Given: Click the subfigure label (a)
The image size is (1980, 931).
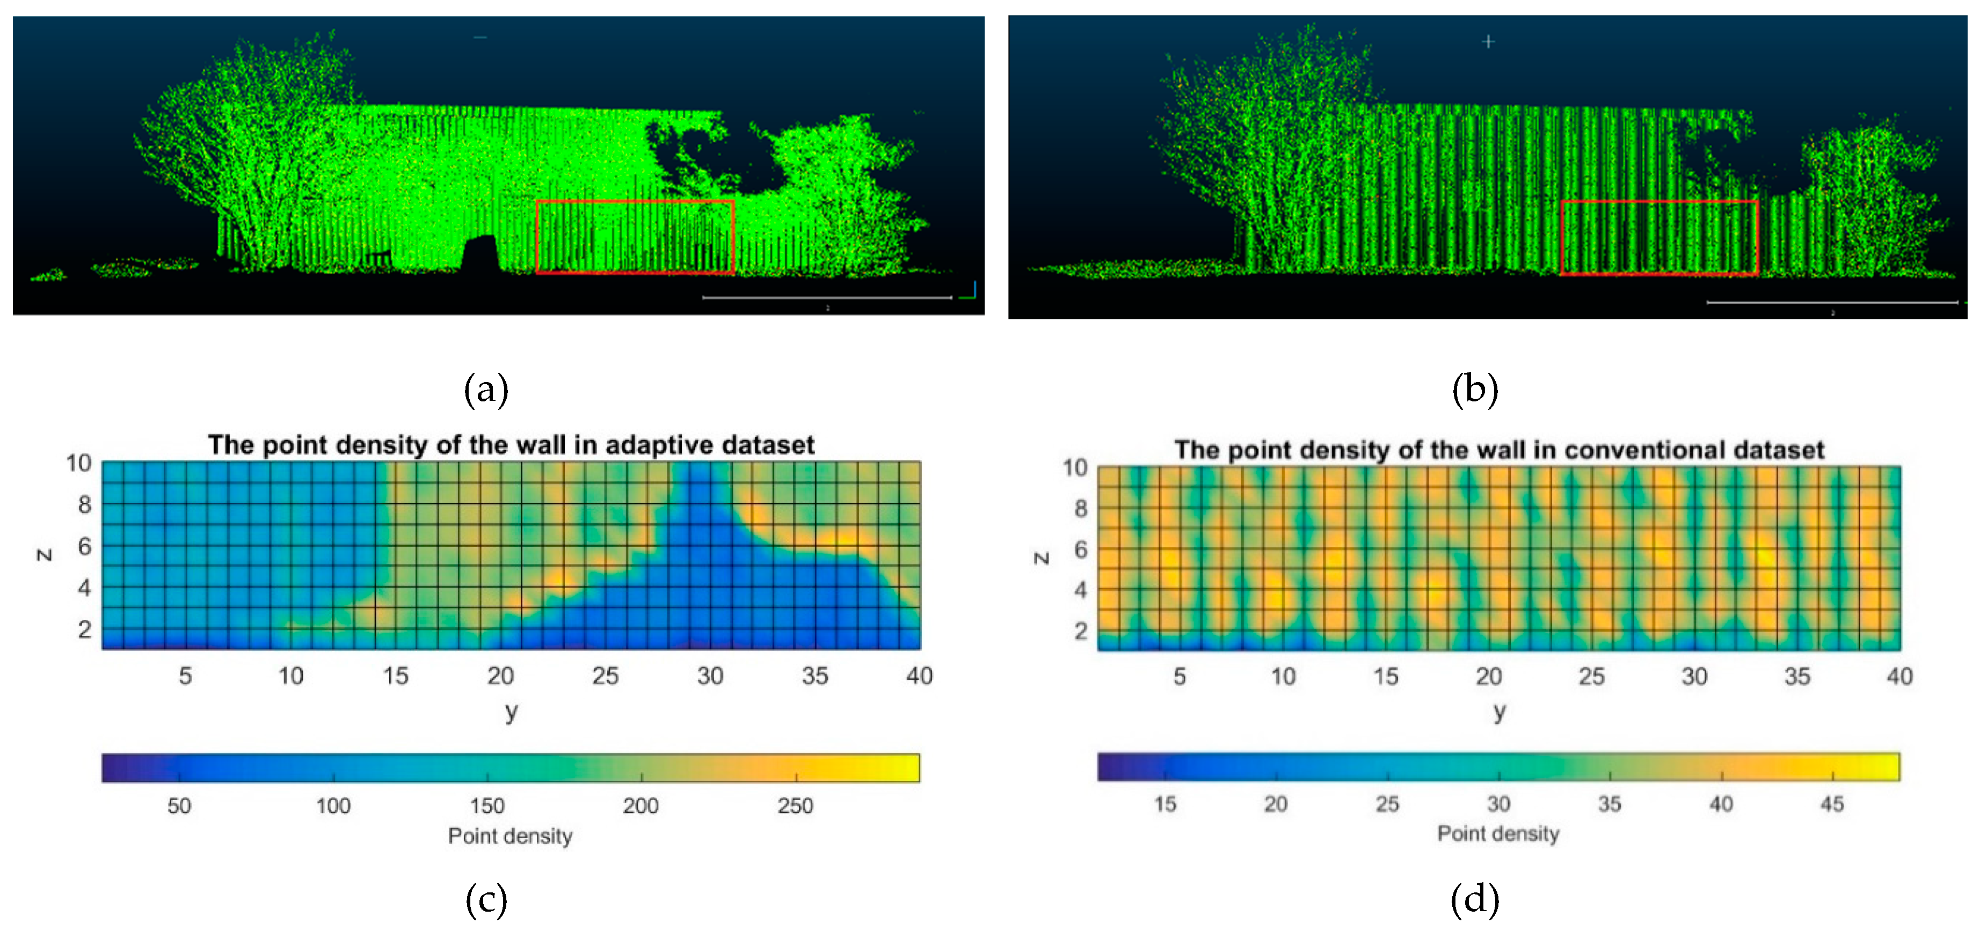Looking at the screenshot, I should click(x=486, y=390).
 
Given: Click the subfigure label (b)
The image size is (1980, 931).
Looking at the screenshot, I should click(x=1474, y=390).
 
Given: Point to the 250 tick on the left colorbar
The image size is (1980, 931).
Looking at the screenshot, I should click(x=795, y=806).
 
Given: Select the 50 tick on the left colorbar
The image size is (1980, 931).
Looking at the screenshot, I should click(x=179, y=806).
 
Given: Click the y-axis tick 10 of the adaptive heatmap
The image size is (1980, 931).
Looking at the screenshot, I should click(x=78, y=463).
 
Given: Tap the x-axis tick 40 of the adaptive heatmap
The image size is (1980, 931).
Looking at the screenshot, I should click(x=919, y=676).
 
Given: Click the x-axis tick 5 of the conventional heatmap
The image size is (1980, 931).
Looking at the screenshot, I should click(x=1179, y=677).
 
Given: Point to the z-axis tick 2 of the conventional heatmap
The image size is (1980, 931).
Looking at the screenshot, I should click(x=1081, y=632).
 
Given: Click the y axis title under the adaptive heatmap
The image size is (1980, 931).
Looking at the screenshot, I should click(x=511, y=712).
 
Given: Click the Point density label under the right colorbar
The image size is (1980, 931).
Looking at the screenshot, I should click(x=1498, y=834).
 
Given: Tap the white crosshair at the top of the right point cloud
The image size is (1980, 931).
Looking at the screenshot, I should click(x=1488, y=41).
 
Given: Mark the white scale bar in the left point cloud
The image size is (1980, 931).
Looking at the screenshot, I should click(x=827, y=297).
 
